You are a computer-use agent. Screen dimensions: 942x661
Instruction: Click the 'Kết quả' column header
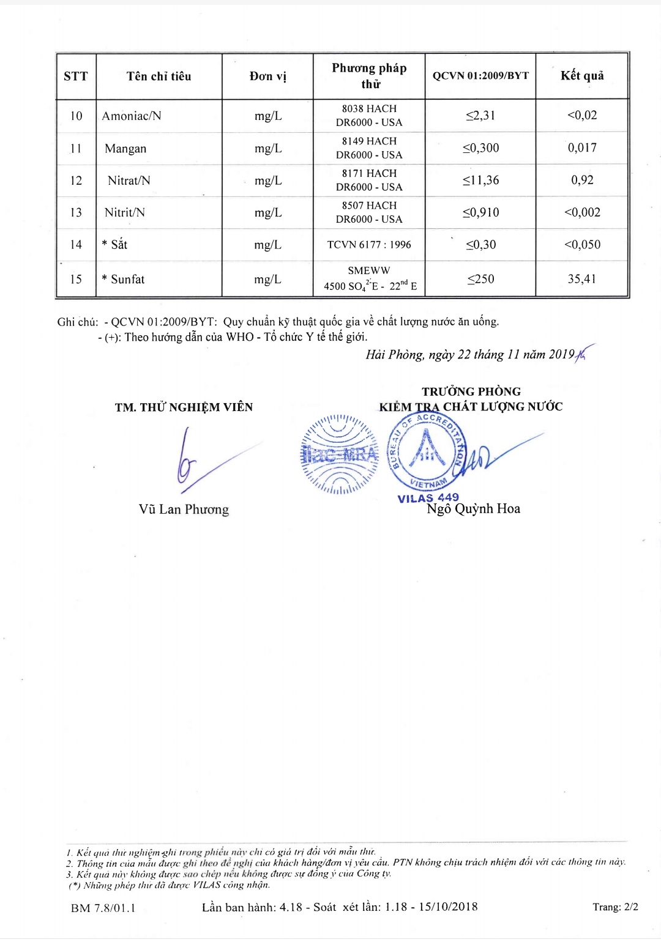tap(581, 76)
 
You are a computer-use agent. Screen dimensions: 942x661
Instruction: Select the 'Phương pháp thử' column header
tap(369, 76)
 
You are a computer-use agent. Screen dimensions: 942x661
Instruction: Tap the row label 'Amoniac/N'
tap(132, 116)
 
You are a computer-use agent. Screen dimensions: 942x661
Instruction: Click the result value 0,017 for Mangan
tap(582, 147)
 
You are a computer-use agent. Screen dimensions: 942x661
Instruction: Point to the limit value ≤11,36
tap(480, 180)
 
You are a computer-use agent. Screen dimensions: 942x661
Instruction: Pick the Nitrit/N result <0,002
tap(582, 212)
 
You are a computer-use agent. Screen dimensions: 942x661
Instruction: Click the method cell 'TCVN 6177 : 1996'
tap(369, 245)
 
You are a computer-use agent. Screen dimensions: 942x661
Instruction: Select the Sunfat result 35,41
tap(581, 279)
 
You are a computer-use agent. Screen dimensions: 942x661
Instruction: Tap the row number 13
tap(76, 212)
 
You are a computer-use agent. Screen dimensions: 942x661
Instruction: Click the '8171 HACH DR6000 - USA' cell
tap(369, 180)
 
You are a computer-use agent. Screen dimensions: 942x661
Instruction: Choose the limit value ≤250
tap(480, 279)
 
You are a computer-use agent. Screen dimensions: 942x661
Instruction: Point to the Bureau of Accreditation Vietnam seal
tap(427, 451)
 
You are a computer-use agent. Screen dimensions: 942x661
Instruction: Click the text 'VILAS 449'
tap(428, 498)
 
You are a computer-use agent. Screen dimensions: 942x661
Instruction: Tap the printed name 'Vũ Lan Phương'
tap(184, 510)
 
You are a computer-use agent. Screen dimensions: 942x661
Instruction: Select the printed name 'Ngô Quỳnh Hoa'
tap(473, 509)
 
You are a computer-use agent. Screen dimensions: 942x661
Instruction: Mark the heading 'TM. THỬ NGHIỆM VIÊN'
tap(184, 407)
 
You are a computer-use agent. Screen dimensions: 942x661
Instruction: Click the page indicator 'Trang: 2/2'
tap(615, 907)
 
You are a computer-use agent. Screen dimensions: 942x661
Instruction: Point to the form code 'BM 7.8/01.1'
tap(103, 908)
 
